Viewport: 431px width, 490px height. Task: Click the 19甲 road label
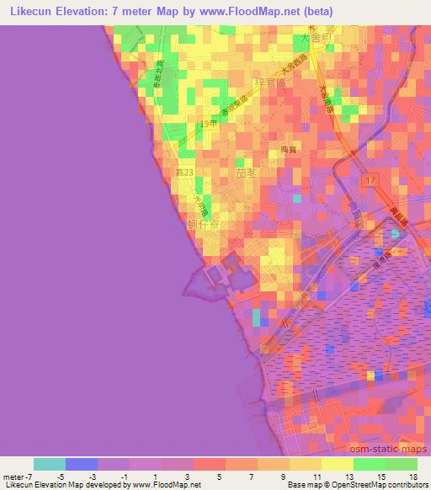coord(209,125)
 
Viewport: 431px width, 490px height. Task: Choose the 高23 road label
coord(184,172)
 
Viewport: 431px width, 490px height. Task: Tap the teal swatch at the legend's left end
coord(50,464)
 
